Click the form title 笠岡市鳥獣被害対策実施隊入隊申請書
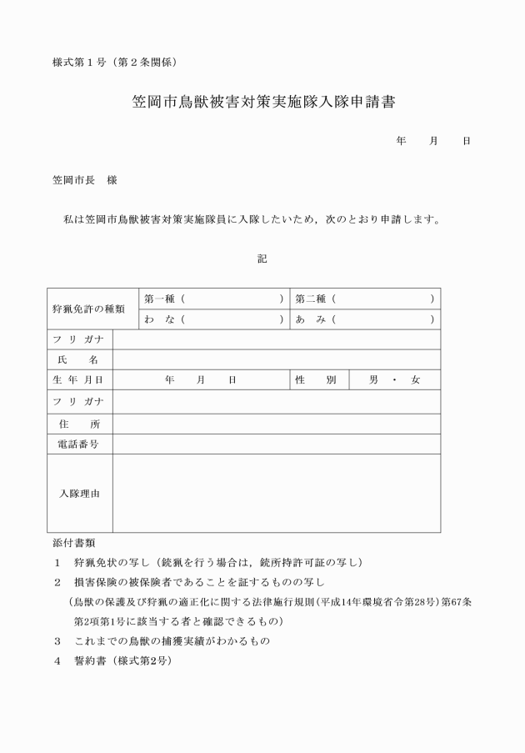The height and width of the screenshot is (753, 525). click(262, 103)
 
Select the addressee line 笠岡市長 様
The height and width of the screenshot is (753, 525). click(84, 180)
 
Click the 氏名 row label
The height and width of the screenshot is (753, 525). click(79, 359)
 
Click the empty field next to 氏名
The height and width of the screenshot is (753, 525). click(276, 359)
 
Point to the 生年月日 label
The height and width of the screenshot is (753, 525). click(79, 380)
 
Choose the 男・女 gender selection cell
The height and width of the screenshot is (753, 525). click(394, 380)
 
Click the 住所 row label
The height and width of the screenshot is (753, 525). click(79, 424)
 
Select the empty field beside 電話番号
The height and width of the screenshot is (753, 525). click(276, 444)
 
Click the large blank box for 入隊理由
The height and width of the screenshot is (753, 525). click(276, 494)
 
